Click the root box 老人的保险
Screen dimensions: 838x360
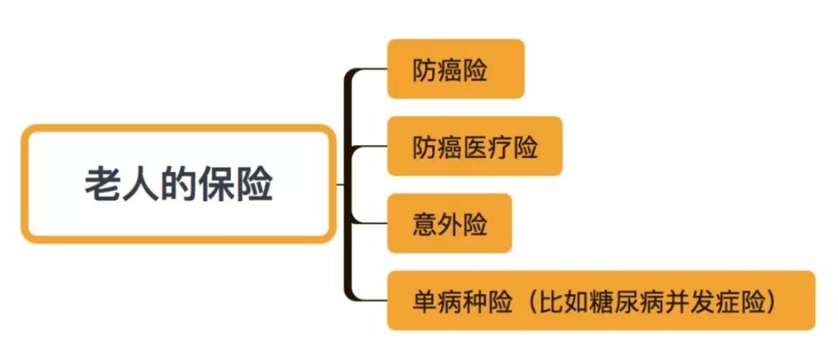(x=178, y=184)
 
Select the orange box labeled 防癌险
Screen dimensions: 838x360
(x=456, y=69)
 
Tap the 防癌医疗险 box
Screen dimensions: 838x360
(x=475, y=146)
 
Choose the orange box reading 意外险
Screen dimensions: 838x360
(x=449, y=223)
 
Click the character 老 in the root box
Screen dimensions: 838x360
(x=102, y=185)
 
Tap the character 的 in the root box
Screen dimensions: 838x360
(x=178, y=185)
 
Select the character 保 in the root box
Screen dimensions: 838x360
(x=216, y=185)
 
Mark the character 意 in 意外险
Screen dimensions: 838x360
(x=424, y=223)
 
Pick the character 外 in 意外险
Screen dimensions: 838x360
(x=449, y=223)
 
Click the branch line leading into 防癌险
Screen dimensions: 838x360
(x=369, y=70)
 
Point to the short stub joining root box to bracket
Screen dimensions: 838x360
(x=341, y=185)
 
